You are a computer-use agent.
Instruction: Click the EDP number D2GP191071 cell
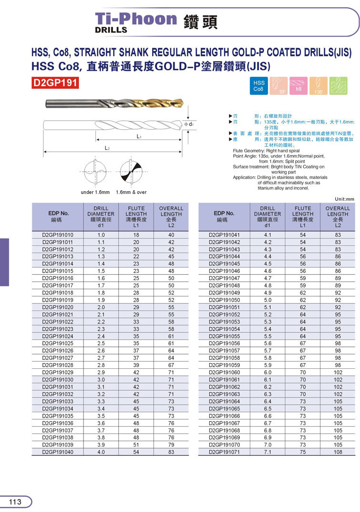coord(224,452)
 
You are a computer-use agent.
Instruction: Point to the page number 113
coord(15,502)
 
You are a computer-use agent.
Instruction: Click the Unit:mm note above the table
coord(343,199)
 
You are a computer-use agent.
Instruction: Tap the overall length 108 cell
coord(338,452)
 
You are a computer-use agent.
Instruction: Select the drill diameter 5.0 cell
coord(267,300)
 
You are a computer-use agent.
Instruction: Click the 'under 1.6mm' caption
coord(95,192)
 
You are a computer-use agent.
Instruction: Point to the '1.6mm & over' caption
coord(131,192)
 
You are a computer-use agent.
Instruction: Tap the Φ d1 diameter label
coord(189,124)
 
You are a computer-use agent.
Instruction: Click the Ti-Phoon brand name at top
coord(136,19)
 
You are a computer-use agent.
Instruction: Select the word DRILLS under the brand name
coord(111,30)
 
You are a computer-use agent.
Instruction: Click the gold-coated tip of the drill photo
coord(174,104)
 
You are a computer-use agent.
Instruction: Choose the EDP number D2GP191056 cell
coord(224,344)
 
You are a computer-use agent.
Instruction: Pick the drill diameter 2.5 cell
coord(101,344)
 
